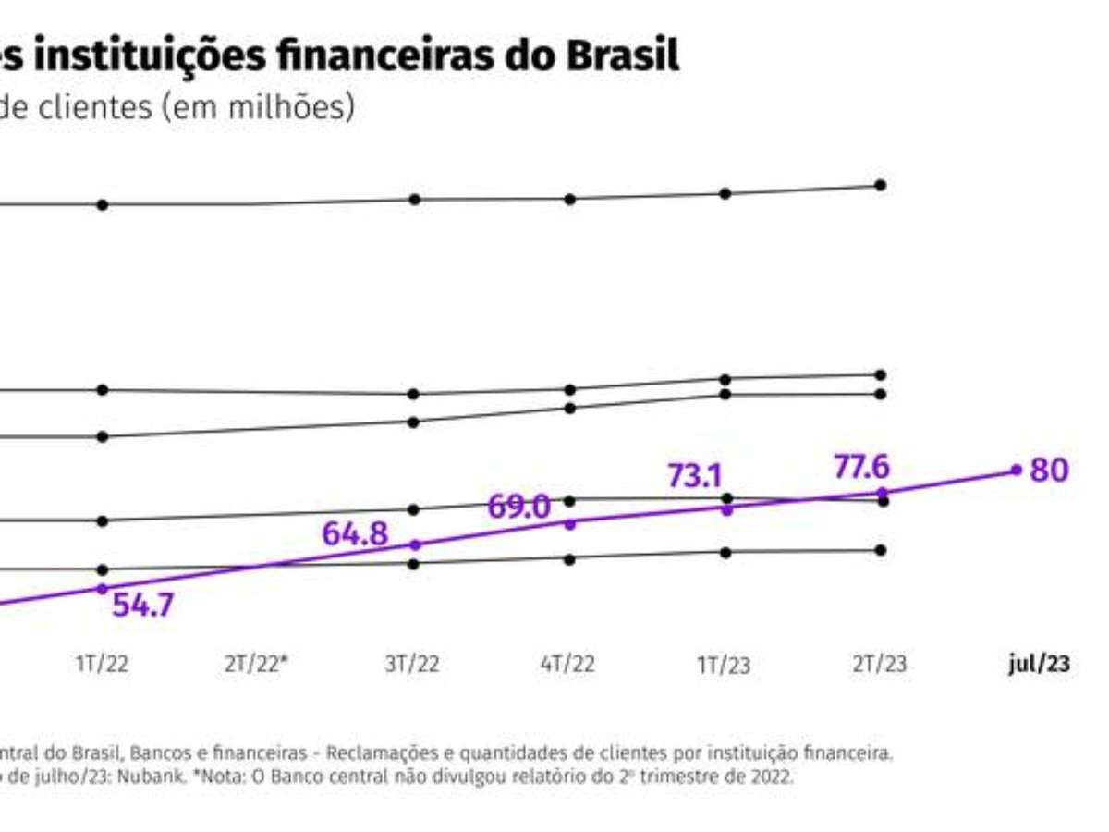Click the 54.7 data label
point(142,607)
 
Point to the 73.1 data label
point(694,478)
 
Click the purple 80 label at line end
point(1049,471)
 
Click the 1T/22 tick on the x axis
point(103,666)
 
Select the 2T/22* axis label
point(258,666)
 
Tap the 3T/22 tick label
point(413,666)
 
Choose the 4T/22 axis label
point(568,666)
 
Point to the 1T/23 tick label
point(724,666)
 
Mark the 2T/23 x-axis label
point(880,666)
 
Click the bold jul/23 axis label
point(1039,666)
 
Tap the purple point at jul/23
point(1017,470)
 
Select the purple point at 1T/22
point(103,589)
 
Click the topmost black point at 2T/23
point(881,185)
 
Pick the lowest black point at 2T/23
point(881,550)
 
